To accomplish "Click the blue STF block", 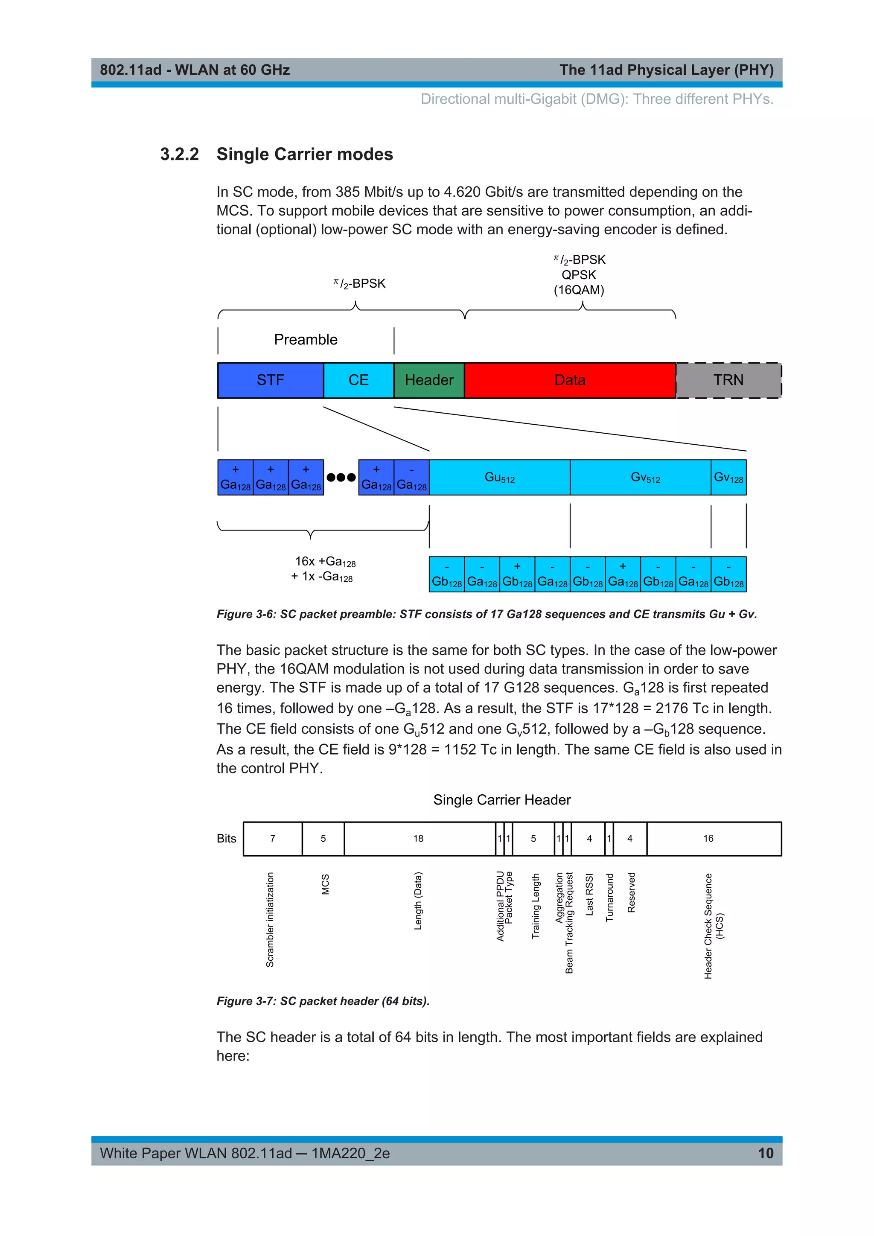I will point(270,380).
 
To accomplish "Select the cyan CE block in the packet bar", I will point(358,380).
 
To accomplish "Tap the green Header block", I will point(429,380).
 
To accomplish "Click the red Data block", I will point(570,380).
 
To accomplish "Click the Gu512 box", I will point(499,477).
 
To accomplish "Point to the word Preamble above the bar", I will point(306,340).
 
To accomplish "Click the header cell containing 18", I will point(419,838).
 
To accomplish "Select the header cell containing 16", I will point(708,838).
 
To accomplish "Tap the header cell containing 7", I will point(272,838).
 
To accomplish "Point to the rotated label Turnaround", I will point(609,898).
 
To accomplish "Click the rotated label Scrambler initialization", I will point(270,919).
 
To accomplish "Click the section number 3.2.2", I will point(179,154).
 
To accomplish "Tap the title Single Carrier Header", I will point(501,799).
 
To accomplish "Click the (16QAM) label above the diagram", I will point(579,290).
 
